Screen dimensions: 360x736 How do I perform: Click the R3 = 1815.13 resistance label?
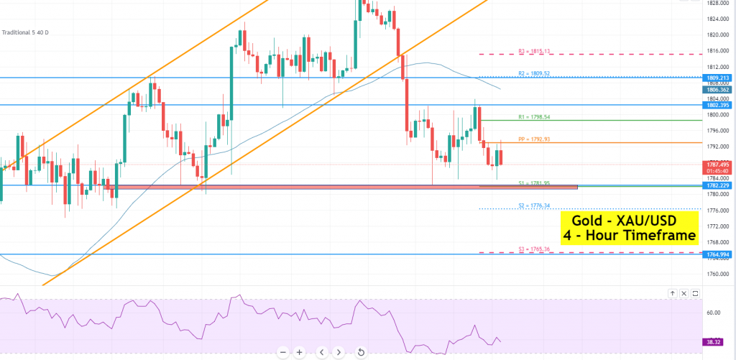535,51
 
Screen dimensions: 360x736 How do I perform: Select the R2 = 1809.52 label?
535,73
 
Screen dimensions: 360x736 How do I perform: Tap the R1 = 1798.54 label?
535,116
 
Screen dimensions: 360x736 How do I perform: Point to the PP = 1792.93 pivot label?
535,139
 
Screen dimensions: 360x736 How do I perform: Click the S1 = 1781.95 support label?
535,183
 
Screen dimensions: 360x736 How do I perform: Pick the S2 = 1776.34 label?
535,206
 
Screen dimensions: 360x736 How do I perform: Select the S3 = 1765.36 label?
535,249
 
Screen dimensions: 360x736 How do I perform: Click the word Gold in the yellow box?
586,220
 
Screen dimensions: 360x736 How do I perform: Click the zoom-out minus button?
283,352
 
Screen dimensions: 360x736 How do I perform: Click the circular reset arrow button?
360,352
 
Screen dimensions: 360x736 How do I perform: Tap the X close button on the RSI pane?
684,293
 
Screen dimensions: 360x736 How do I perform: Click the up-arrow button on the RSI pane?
672,293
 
